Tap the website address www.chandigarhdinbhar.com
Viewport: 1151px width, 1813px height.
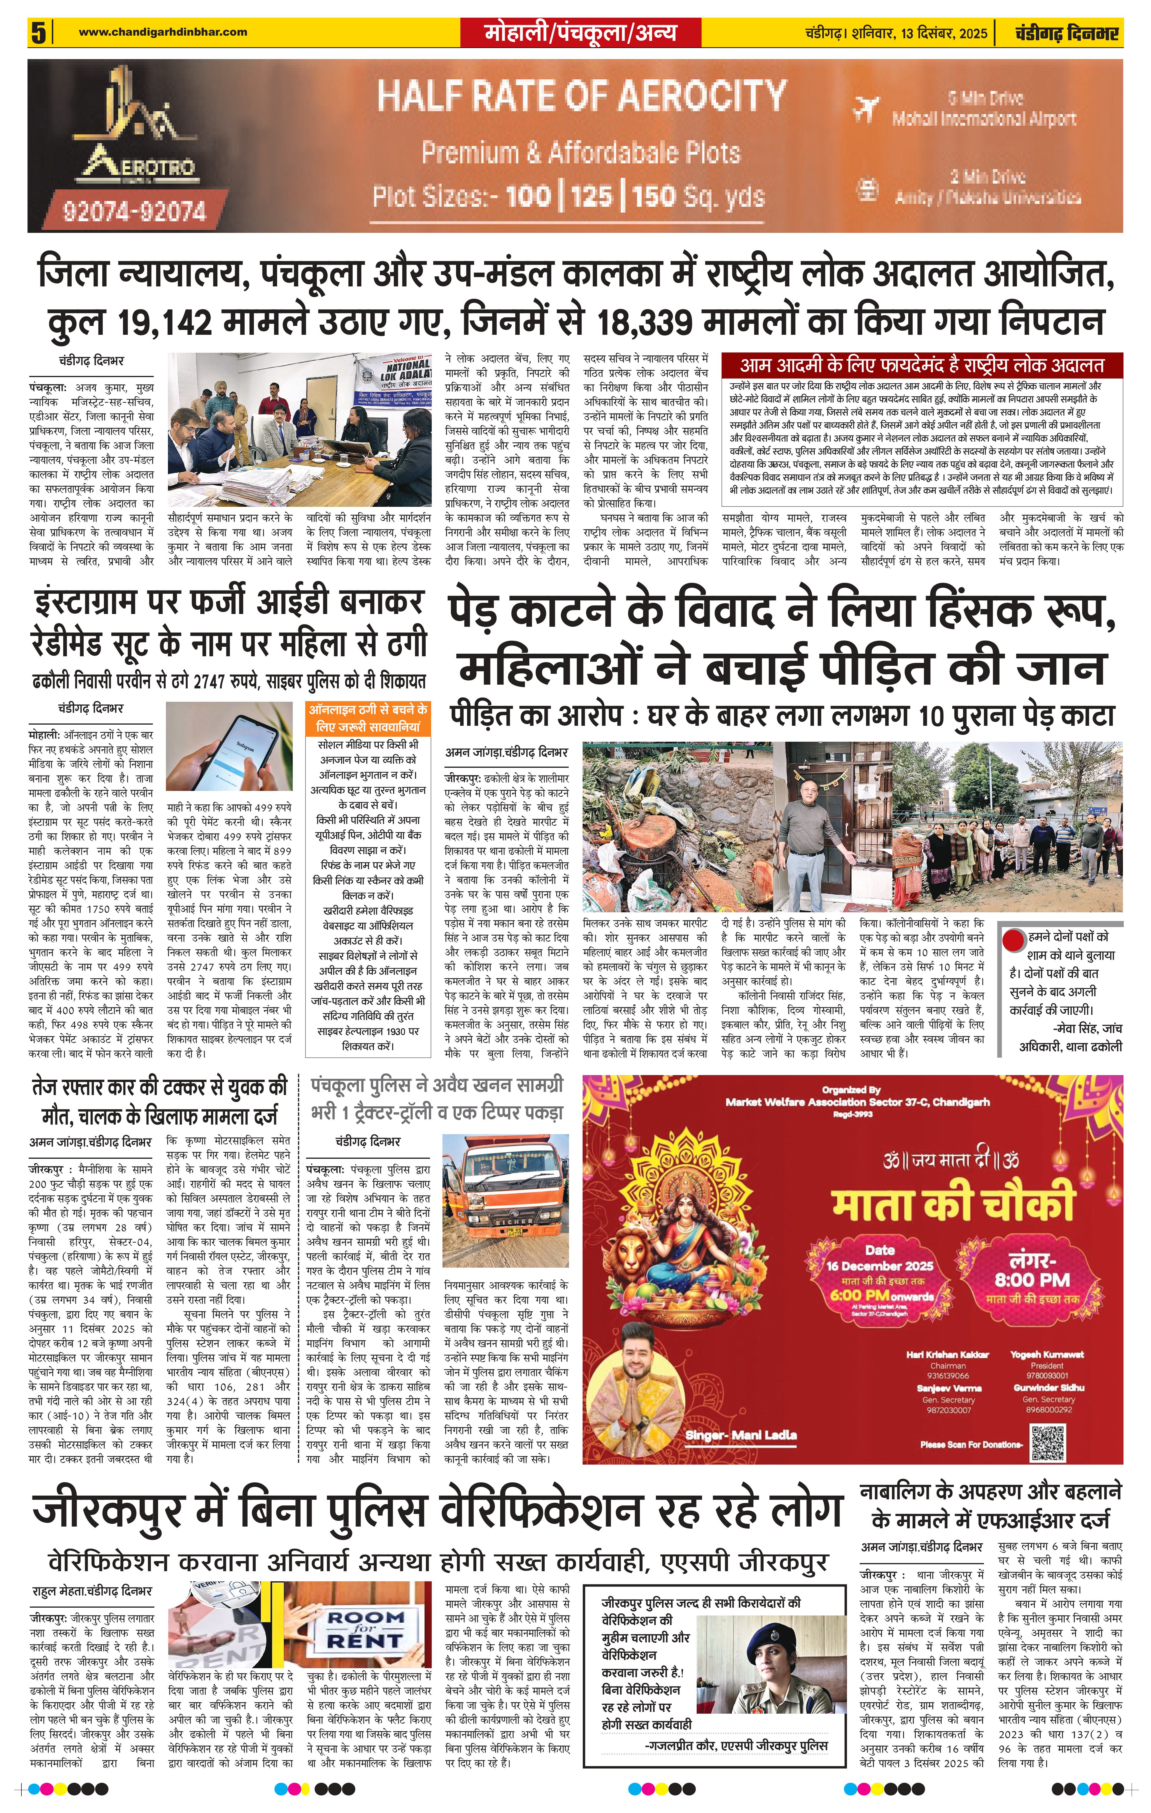tap(163, 32)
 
